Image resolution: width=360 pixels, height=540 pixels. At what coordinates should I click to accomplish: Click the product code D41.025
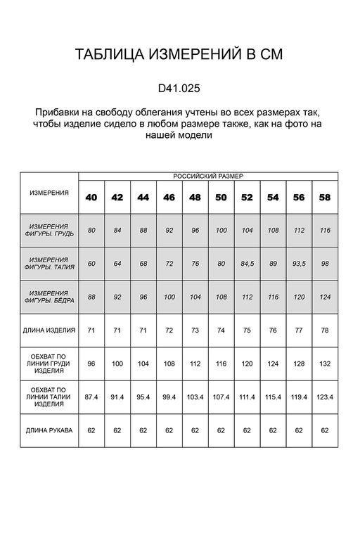pos(179,89)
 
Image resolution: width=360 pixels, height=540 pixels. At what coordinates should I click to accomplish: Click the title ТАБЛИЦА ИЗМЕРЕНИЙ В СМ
pos(179,56)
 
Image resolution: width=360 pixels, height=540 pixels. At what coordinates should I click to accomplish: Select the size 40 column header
pos(91,198)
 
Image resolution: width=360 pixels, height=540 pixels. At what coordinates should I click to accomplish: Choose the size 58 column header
pos(324,198)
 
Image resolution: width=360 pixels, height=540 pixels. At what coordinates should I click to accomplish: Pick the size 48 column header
pos(195,198)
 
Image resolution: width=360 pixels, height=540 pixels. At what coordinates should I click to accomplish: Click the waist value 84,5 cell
pos(247,264)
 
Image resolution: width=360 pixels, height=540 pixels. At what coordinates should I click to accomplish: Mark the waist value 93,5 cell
pos(299,264)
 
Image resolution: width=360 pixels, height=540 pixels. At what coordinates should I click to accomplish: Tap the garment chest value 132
pos(324,365)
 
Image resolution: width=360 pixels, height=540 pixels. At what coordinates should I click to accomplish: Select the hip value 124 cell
pos(324,296)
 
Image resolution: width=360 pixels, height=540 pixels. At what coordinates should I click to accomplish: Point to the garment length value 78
pos(324,329)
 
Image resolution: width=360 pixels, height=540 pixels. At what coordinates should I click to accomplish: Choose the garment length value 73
pos(195,329)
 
